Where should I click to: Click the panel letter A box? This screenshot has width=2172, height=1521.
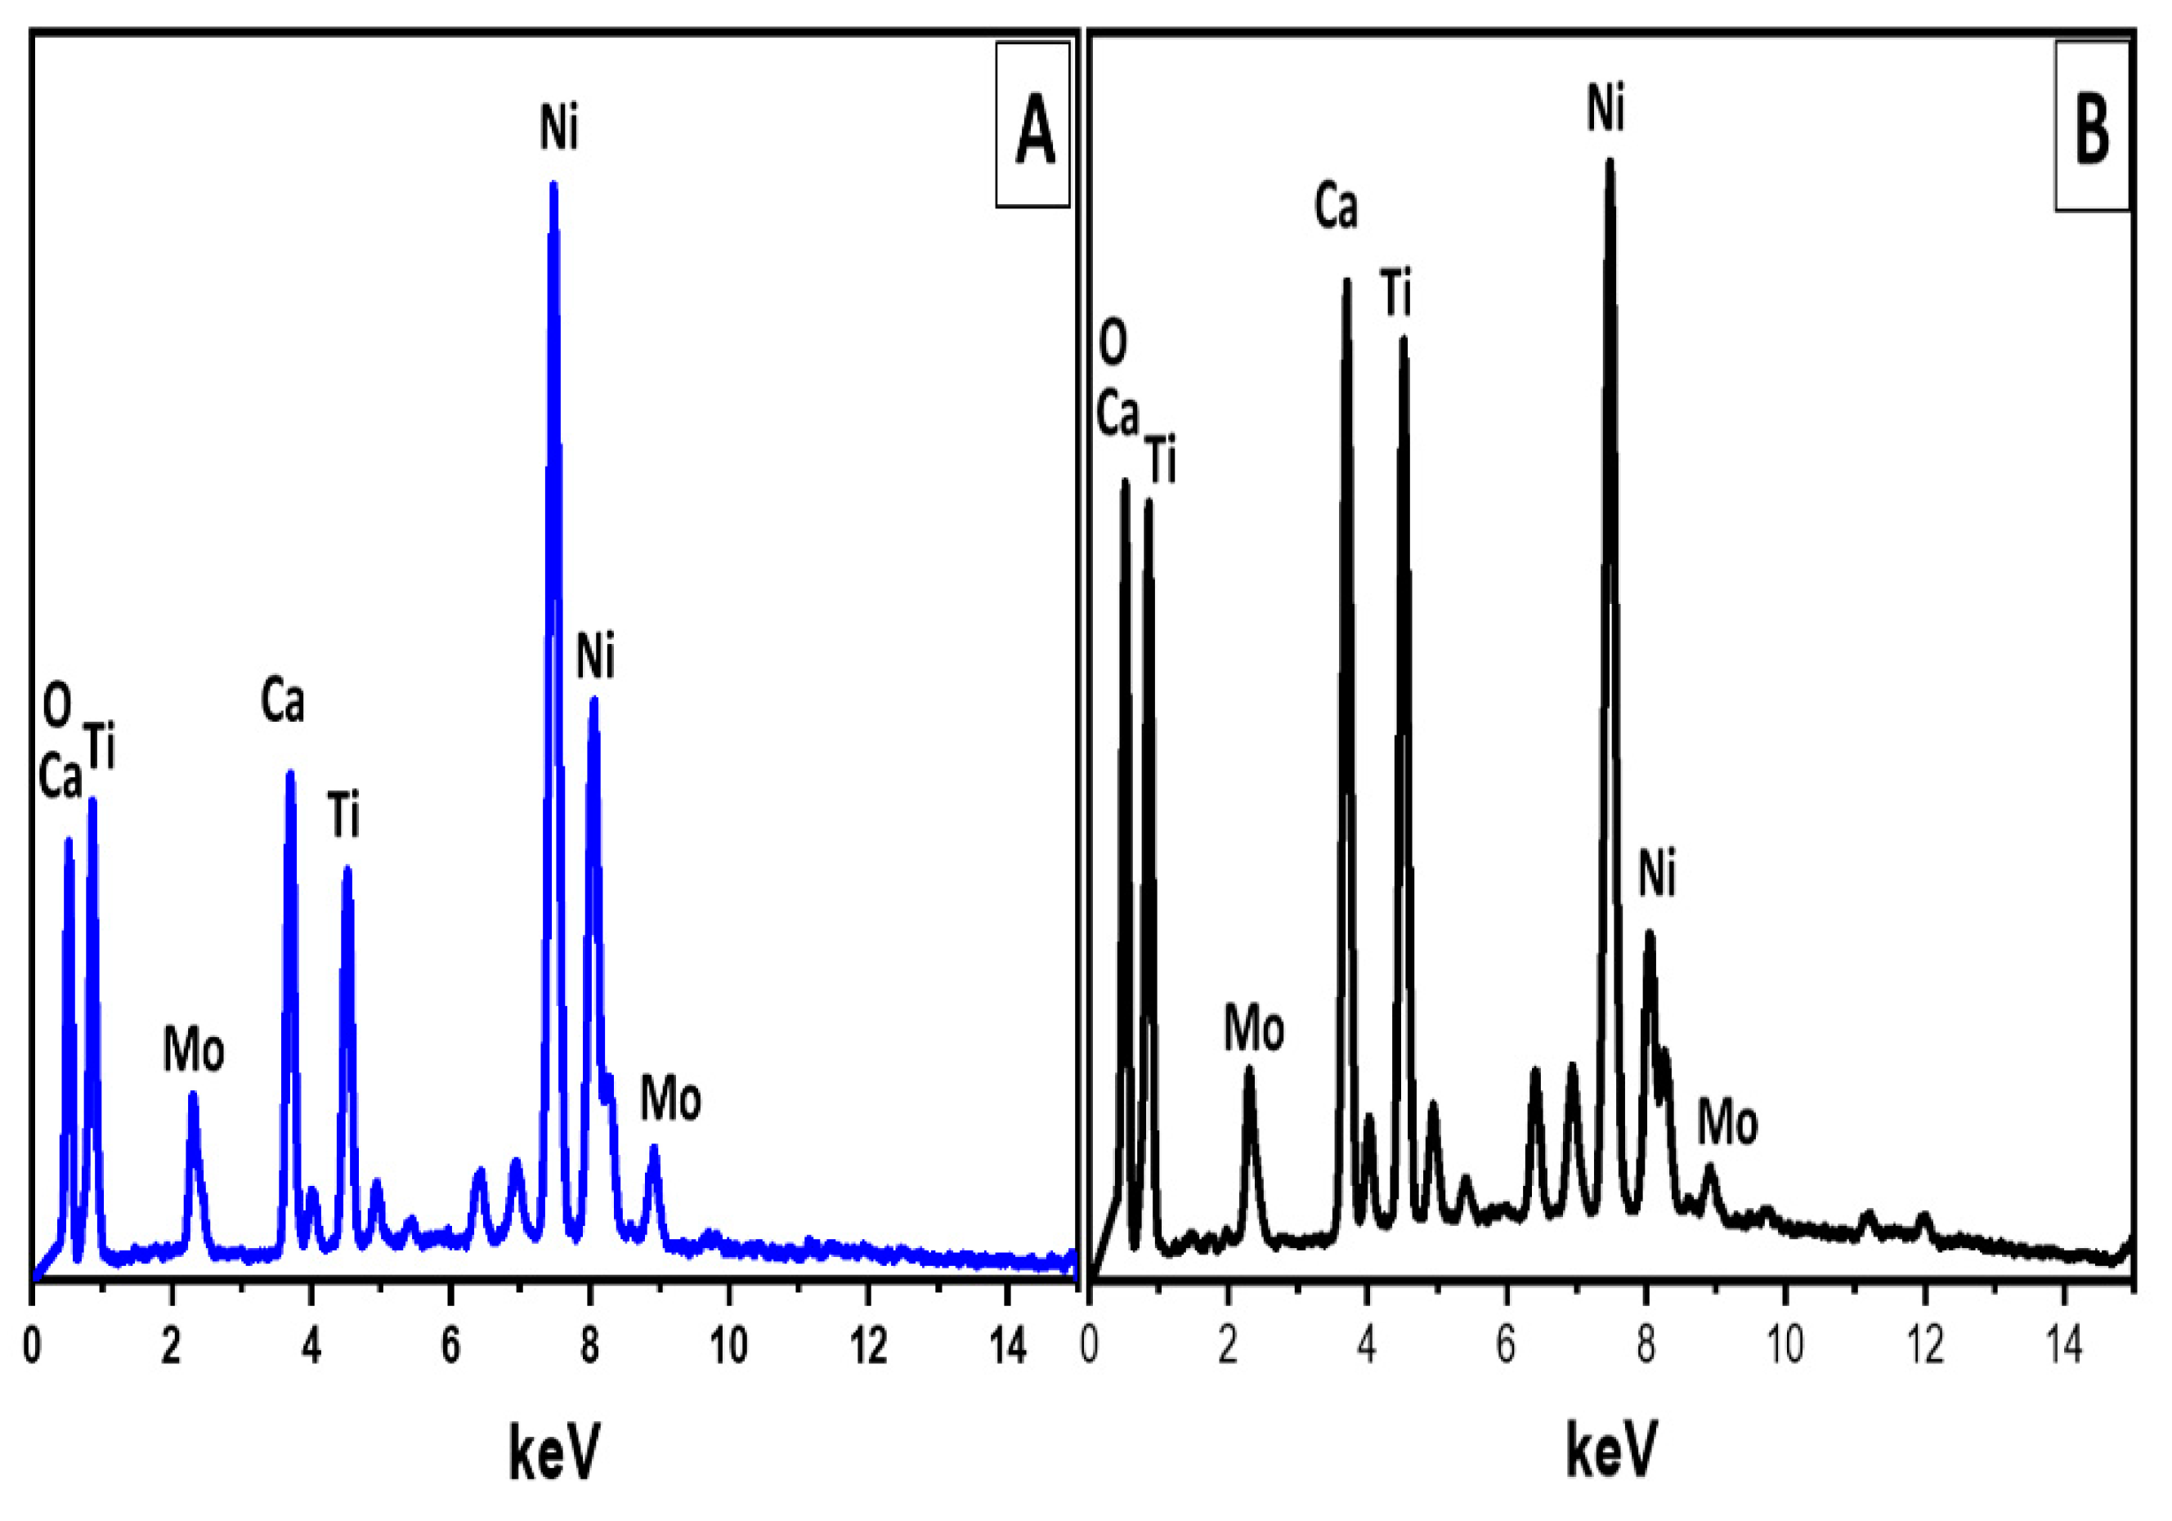pyautogui.click(x=1032, y=124)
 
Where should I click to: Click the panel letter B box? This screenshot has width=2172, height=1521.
pyautogui.click(x=2092, y=126)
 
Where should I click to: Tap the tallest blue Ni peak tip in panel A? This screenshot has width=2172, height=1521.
pyautogui.click(x=553, y=186)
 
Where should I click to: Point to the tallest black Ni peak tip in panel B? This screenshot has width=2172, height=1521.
pyautogui.click(x=1609, y=163)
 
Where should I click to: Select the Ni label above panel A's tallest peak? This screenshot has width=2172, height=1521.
pyautogui.click(x=559, y=127)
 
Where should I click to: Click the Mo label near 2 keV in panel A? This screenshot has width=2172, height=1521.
pyautogui.click(x=194, y=1050)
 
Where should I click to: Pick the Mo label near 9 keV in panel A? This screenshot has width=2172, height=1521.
pyautogui.click(x=670, y=1099)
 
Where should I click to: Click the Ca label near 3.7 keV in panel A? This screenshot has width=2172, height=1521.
pyautogui.click(x=283, y=702)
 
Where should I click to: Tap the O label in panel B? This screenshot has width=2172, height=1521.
pyautogui.click(x=1113, y=342)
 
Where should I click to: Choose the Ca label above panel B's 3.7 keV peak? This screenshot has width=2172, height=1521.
pyautogui.click(x=1336, y=206)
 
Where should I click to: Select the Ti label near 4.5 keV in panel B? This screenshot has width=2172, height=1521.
pyautogui.click(x=1396, y=293)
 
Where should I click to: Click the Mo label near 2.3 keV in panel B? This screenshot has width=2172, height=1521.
pyautogui.click(x=1254, y=1028)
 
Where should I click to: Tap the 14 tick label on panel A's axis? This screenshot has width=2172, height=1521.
pyautogui.click(x=1010, y=1346)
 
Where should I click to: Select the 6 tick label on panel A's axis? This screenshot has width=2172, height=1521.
pyautogui.click(x=451, y=1346)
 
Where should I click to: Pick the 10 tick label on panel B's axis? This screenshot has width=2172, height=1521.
pyautogui.click(x=1785, y=1346)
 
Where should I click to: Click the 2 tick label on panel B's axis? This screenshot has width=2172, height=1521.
pyautogui.click(x=1228, y=1346)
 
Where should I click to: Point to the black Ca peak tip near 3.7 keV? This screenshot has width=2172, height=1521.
pyautogui.click(x=1346, y=281)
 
